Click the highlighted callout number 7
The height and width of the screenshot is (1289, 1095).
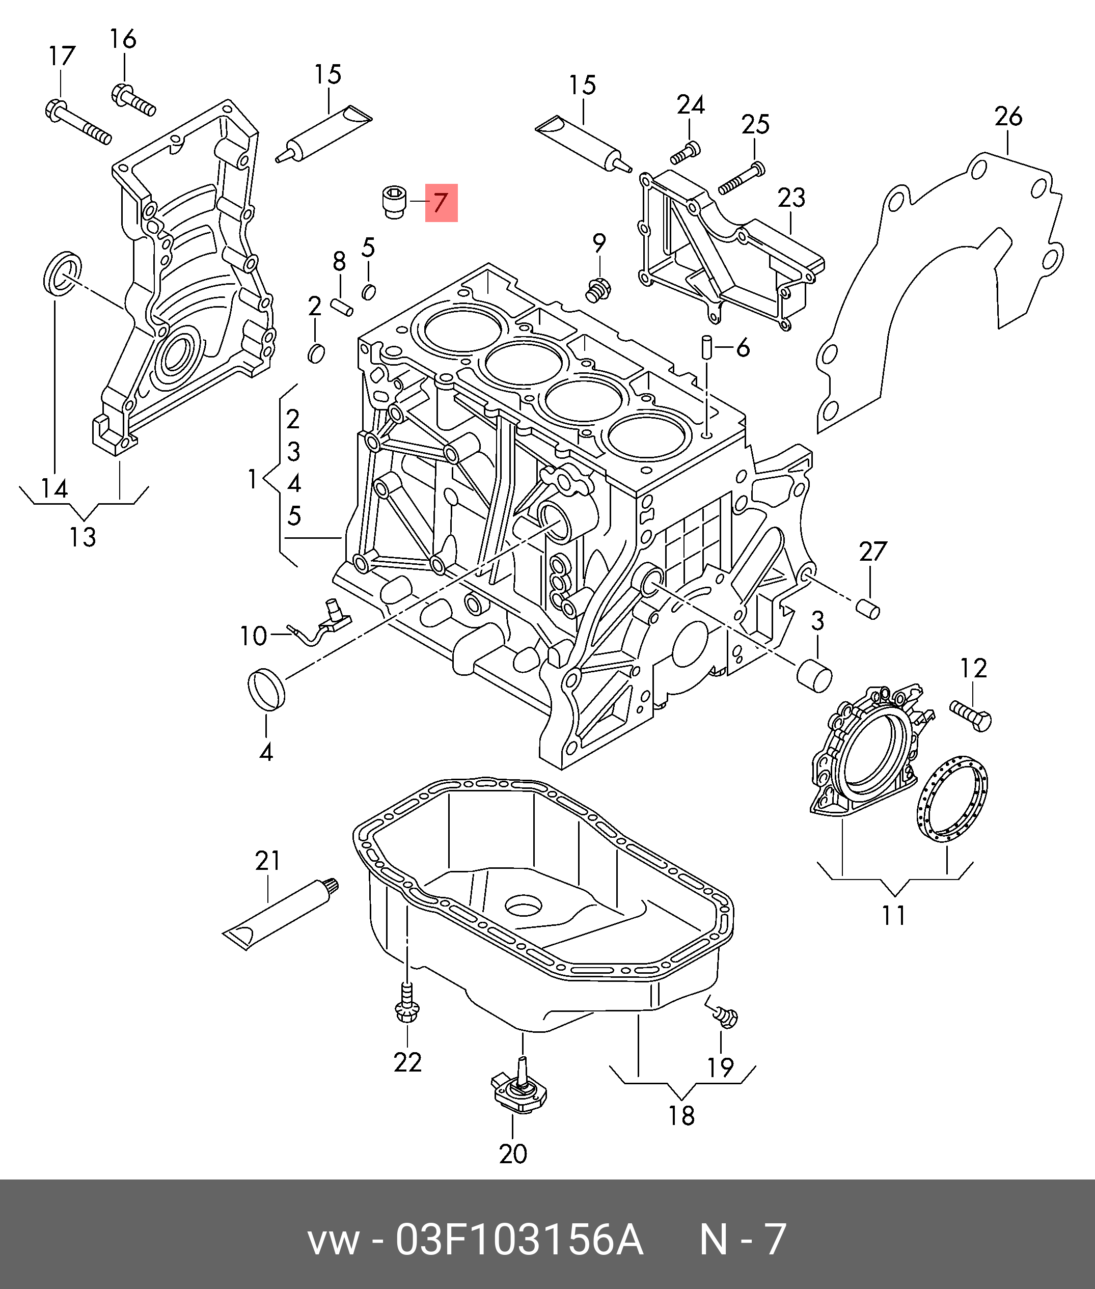[441, 203]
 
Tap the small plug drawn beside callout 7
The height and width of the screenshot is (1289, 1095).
[394, 202]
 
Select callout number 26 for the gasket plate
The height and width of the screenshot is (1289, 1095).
[1007, 116]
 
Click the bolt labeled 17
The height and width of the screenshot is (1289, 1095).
[77, 122]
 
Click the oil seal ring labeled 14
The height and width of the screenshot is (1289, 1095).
[63, 272]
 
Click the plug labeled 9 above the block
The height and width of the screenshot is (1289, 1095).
[598, 290]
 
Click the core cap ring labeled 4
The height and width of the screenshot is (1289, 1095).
[266, 689]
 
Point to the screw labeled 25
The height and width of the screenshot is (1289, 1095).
[741, 178]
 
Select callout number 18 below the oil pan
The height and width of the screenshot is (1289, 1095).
[681, 1115]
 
